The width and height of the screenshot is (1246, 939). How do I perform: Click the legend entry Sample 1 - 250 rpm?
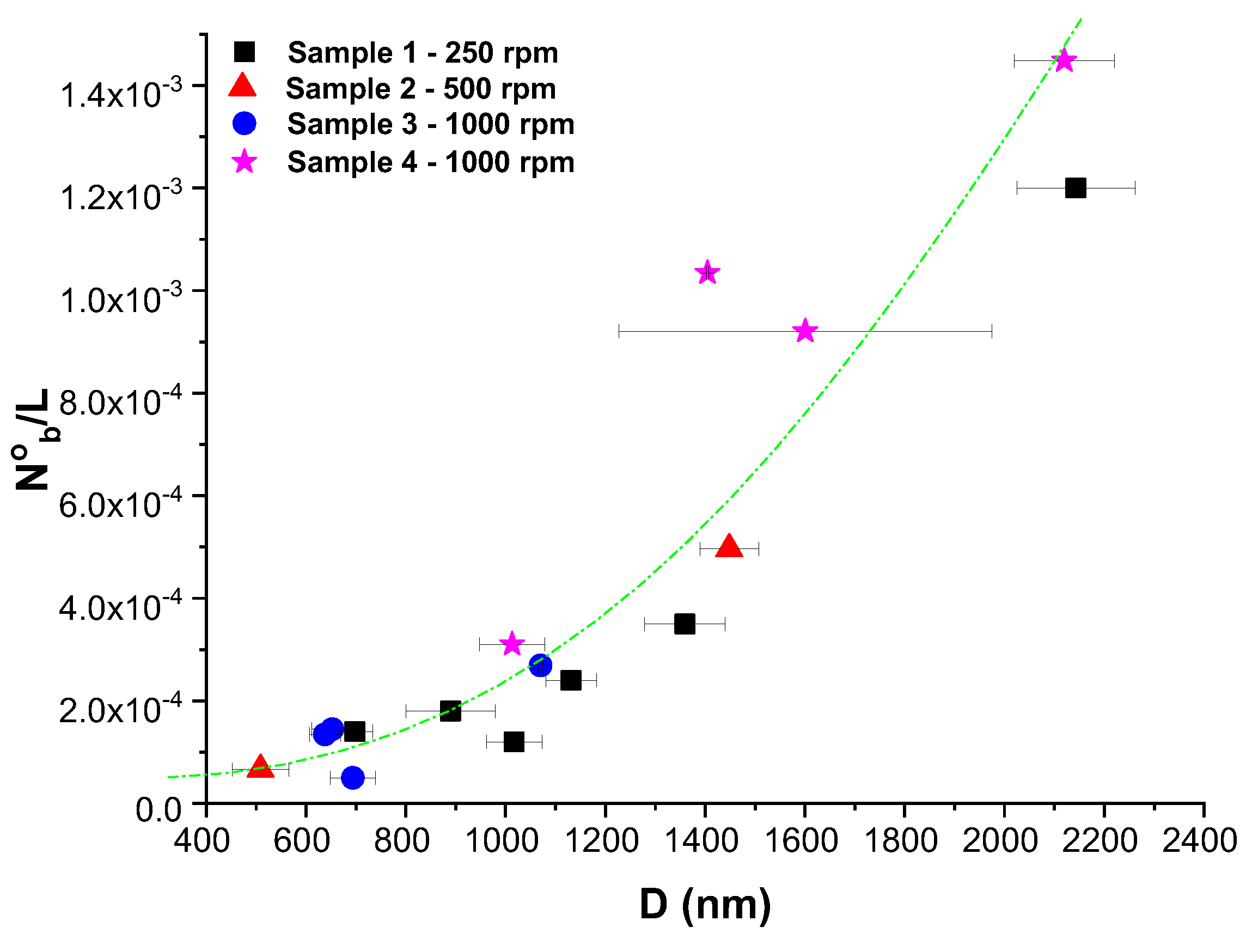pyautogui.click(x=423, y=53)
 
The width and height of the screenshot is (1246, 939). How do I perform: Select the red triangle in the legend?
pyautogui.click(x=243, y=86)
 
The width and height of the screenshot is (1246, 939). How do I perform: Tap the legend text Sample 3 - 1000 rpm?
pyautogui.click(x=430, y=124)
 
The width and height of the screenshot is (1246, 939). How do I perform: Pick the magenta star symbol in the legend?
pyautogui.click(x=245, y=162)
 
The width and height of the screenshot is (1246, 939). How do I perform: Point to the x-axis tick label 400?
pyautogui.click(x=201, y=841)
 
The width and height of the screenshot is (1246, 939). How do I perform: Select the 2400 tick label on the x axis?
pyautogui.click(x=1200, y=841)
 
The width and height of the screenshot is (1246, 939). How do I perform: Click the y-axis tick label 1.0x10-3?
pyautogui.click(x=120, y=300)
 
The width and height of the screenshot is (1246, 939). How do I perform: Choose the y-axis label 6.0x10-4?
pyautogui.click(x=120, y=505)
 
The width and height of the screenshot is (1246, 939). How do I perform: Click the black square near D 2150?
pyautogui.click(x=1076, y=187)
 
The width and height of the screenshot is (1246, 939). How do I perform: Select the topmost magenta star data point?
pyautogui.click(x=1064, y=60)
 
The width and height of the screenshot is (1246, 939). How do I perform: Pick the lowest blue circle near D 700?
pyautogui.click(x=353, y=777)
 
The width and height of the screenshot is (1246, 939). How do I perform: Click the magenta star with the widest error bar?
pyautogui.click(x=805, y=331)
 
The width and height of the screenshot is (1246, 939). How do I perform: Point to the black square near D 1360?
pyautogui.click(x=685, y=624)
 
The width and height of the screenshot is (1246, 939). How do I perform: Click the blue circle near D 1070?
pyautogui.click(x=540, y=664)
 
